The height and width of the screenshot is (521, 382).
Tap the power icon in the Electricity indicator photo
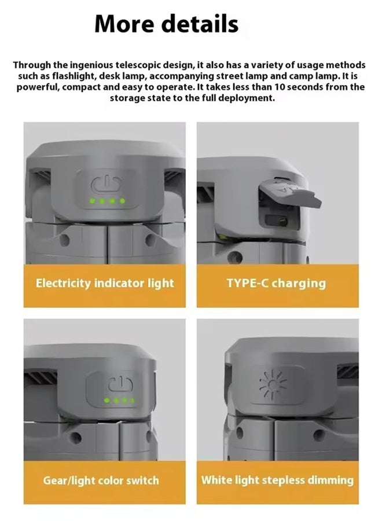click(106, 185)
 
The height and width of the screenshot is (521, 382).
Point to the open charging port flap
click(289, 193)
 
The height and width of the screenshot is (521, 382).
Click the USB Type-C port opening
click(277, 220)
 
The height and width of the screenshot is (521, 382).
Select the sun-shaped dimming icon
click(273, 384)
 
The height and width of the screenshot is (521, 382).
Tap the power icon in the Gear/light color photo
click(120, 384)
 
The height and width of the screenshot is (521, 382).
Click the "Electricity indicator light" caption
click(105, 284)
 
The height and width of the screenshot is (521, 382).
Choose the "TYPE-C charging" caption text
click(276, 284)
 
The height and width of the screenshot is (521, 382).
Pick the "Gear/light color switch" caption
click(101, 480)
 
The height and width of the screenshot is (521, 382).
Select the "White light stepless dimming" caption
click(277, 480)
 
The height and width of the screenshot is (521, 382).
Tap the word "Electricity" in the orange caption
click(63, 284)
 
